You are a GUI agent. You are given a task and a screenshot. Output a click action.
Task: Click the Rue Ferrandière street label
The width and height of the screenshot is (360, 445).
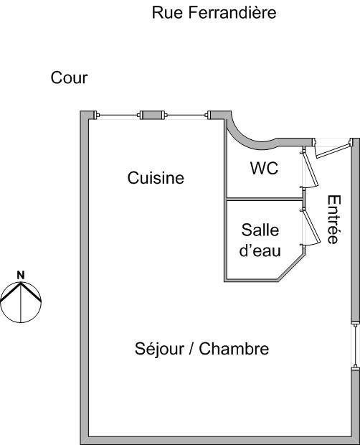point(214,12)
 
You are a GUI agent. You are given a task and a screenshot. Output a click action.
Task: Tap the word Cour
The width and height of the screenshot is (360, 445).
point(69,78)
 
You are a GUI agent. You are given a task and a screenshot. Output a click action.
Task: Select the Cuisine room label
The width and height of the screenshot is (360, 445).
point(156,178)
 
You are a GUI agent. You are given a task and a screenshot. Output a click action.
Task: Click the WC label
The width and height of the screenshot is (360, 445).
point(264,168)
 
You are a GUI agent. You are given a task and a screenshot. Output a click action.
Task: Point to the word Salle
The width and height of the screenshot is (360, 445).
point(260,230)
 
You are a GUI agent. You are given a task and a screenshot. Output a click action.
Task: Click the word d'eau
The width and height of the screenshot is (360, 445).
point(260,250)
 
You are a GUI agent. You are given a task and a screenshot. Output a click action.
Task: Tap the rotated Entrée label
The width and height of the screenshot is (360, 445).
point(334,220)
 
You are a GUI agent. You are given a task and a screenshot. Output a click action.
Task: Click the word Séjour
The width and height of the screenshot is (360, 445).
point(159,349)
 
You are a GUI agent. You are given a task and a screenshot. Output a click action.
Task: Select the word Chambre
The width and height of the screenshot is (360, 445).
point(234,349)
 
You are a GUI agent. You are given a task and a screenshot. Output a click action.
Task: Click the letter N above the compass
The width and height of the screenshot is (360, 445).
point(21,275)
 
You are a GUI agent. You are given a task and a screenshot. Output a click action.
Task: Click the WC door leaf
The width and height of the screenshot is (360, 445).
point(310,169)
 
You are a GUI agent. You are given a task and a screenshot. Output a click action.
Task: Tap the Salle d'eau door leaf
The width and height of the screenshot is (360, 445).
point(311,227)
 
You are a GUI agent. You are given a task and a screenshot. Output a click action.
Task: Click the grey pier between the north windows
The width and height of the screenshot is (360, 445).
point(152,115)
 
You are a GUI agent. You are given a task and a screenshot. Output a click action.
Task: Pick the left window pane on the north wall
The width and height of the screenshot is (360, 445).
point(118,115)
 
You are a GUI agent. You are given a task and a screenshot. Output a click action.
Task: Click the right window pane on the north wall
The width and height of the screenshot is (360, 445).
point(186,115)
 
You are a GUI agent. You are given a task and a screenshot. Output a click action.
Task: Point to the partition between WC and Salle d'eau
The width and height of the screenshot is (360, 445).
point(264,200)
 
